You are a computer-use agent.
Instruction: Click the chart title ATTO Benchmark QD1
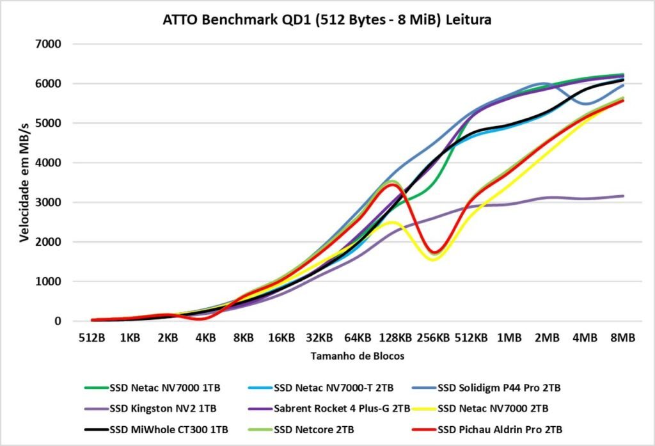point(327,20)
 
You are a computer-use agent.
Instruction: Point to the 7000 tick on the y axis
point(48,44)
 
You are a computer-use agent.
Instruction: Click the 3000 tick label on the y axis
point(48,202)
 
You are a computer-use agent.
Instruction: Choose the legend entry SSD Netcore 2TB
point(316,428)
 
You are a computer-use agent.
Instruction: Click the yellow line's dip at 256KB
point(434,259)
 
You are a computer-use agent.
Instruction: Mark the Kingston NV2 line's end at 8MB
point(622,196)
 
